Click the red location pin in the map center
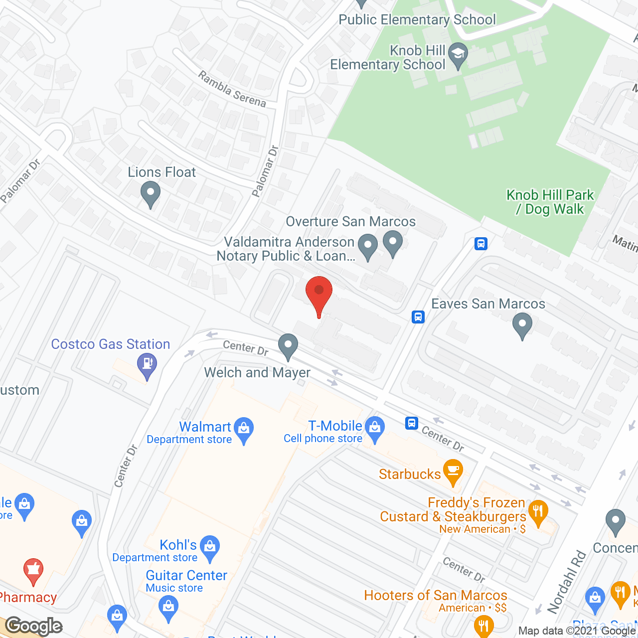[x=319, y=292]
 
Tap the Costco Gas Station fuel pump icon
[x=147, y=363]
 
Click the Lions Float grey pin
[x=150, y=192]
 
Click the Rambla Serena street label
[x=232, y=89]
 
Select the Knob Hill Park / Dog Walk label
[x=550, y=202]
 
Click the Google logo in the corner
[x=34, y=626]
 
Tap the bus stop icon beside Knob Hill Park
[x=481, y=244]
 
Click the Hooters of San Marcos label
[x=435, y=595]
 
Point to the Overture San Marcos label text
[x=351, y=221]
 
